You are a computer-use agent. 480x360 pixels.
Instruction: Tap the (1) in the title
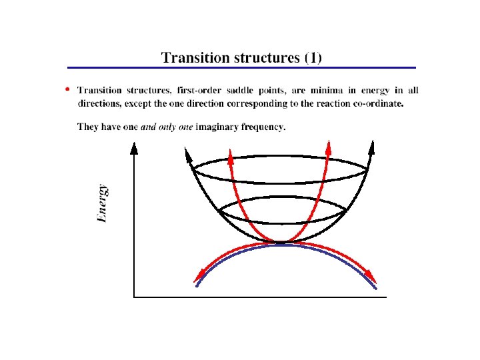click(x=312, y=57)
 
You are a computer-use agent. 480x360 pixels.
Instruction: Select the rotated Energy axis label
click(x=102, y=204)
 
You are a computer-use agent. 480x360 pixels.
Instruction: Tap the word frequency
click(x=266, y=127)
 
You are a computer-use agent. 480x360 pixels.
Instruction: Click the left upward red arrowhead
click(x=230, y=157)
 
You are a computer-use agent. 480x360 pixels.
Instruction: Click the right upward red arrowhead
click(x=327, y=146)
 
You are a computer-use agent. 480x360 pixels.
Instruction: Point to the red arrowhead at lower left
click(x=198, y=277)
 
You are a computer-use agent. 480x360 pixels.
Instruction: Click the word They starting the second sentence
click(x=89, y=127)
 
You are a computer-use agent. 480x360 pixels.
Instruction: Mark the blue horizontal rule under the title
click(x=241, y=68)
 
